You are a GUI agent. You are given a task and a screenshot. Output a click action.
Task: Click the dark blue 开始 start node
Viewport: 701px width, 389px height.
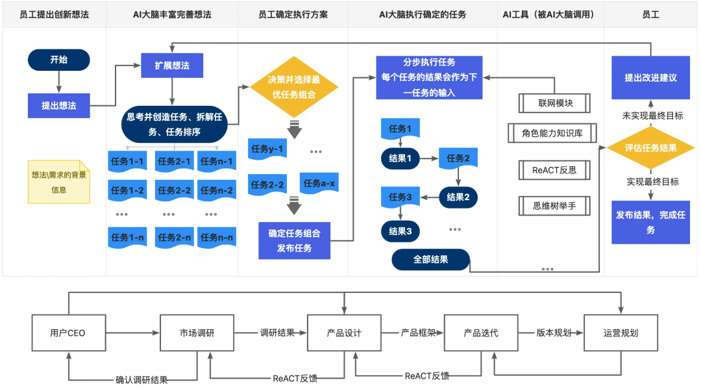coord(58,60)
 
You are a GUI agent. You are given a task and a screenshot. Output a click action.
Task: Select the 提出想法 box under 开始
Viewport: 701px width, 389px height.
coord(58,105)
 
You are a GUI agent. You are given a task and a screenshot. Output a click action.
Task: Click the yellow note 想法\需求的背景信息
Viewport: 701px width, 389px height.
coord(58,181)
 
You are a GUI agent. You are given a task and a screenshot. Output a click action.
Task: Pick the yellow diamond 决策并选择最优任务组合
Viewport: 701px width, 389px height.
coord(294,87)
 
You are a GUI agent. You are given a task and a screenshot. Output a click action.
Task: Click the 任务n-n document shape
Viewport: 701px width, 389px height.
coord(215,238)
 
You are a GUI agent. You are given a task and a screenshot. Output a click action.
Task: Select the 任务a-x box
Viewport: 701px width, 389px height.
coord(319,184)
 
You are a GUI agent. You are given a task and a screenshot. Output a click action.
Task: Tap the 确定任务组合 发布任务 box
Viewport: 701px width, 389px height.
coord(294,240)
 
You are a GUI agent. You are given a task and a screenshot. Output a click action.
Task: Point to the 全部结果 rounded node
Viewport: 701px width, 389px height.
coord(430,260)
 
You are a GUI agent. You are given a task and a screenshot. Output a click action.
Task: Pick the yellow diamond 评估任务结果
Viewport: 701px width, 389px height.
coord(650,147)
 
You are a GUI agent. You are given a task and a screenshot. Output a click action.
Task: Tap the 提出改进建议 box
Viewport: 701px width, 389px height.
coord(650,77)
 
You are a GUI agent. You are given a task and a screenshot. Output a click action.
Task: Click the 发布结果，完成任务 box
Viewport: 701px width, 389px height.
coord(650,222)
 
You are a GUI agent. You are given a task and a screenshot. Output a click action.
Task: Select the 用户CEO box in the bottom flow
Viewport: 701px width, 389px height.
coord(68,333)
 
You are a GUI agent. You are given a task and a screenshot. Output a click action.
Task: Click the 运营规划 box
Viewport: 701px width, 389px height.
coord(621,333)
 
